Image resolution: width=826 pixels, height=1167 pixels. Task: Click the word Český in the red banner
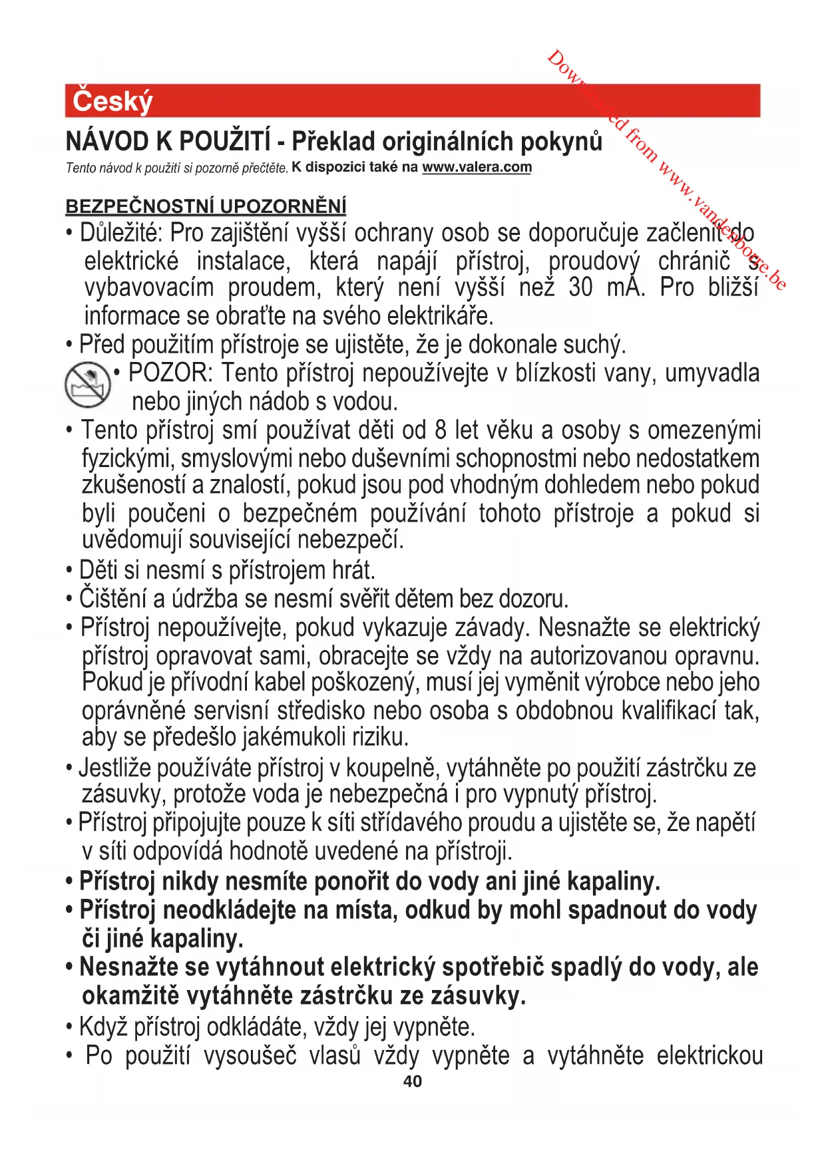click(112, 101)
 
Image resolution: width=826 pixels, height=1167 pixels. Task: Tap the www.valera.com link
click(477, 167)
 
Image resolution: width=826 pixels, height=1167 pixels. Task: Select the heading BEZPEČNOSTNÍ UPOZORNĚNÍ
click(206, 206)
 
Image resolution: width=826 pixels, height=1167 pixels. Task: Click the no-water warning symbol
click(87, 385)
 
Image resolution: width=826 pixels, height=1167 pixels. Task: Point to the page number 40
click(413, 1081)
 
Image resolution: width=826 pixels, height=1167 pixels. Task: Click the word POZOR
click(170, 373)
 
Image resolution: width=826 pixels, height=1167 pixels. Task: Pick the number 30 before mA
click(580, 288)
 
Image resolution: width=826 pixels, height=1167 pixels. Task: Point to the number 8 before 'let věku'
click(441, 430)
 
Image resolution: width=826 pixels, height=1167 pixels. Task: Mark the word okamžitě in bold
click(131, 996)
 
